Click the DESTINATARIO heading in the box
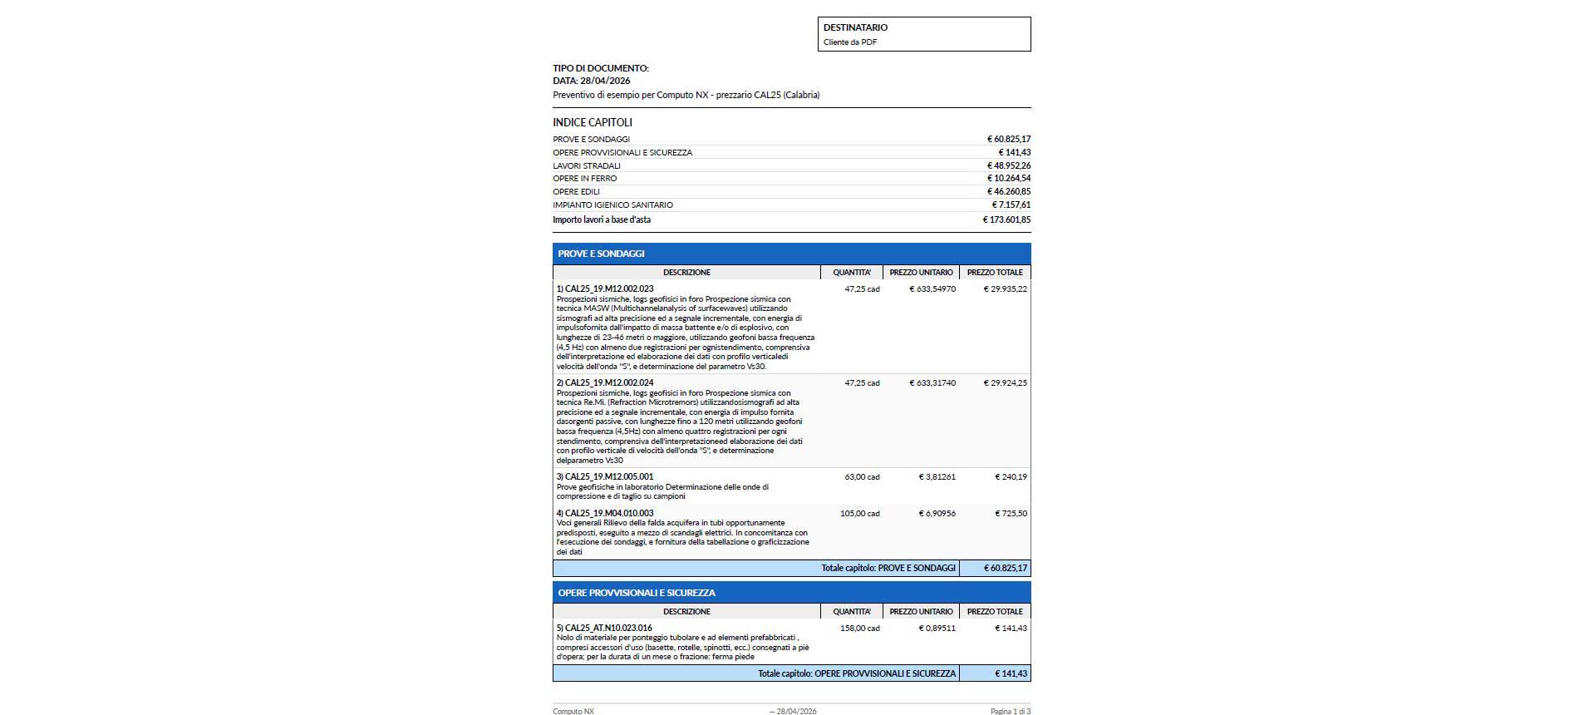coord(855,27)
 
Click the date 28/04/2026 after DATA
coord(605,81)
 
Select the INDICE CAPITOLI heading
coord(593,122)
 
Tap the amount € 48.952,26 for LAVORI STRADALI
coord(1008,165)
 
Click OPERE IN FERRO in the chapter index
coord(585,178)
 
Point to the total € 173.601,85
coord(1006,219)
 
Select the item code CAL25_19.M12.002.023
coord(608,288)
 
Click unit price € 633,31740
coord(932,382)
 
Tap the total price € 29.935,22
coord(1005,288)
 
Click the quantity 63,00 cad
coord(862,476)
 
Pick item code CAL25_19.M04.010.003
coord(608,513)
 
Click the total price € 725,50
coord(1011,513)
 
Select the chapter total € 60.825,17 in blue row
coord(1006,568)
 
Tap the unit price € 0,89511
coord(937,628)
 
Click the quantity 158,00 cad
coord(859,628)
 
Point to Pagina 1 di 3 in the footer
coord(1010,711)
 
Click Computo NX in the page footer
coord(573,711)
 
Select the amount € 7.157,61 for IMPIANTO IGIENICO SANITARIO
coord(1011,205)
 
